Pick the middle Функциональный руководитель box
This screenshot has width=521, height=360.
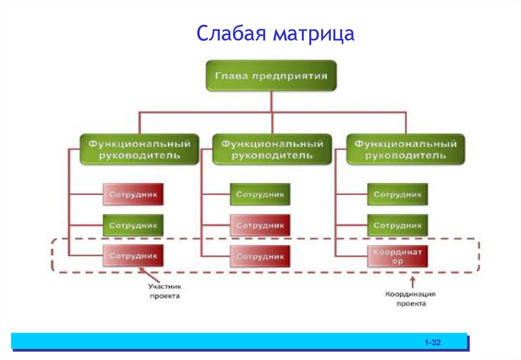[272, 149]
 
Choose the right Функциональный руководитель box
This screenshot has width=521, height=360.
[405, 149]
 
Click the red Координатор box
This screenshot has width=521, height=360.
[397, 256]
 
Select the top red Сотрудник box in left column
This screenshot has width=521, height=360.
[133, 194]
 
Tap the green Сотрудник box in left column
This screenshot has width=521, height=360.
[133, 225]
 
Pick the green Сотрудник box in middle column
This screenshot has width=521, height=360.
[260, 194]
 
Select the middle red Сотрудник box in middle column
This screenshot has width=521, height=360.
[260, 225]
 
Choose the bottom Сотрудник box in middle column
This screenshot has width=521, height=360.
[260, 256]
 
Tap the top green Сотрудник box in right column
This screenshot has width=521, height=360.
[397, 194]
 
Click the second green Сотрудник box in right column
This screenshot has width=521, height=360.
[397, 225]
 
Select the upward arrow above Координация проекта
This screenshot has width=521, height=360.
[412, 281]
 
